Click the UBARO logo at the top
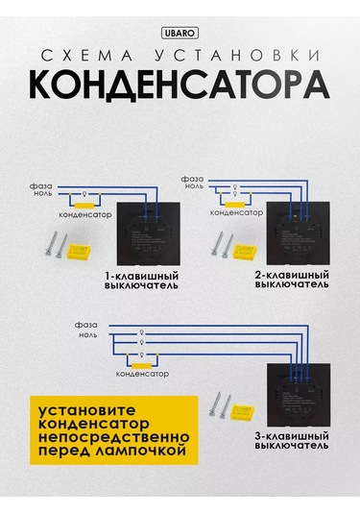coord(180,33)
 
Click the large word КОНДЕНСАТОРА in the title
coord(180,85)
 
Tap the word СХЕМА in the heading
coord(87,56)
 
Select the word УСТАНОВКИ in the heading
coord(238,56)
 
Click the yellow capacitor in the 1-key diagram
coord(84,206)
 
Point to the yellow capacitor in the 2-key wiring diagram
coord(234,205)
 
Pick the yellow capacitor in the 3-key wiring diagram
coord(141,366)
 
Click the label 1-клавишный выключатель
coord(141,281)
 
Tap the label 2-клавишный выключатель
coord(292,280)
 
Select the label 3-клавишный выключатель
coord(292,441)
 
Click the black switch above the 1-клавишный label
coord(149,233)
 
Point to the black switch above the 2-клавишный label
coord(299,233)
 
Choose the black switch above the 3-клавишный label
coord(299,395)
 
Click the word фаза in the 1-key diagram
coord(41,186)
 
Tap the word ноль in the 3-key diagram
coord(88,335)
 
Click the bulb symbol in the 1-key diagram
coord(84,194)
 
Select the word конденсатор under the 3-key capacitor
coord(142,374)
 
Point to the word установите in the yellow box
coord(87,410)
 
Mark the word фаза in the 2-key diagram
coord(192,179)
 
